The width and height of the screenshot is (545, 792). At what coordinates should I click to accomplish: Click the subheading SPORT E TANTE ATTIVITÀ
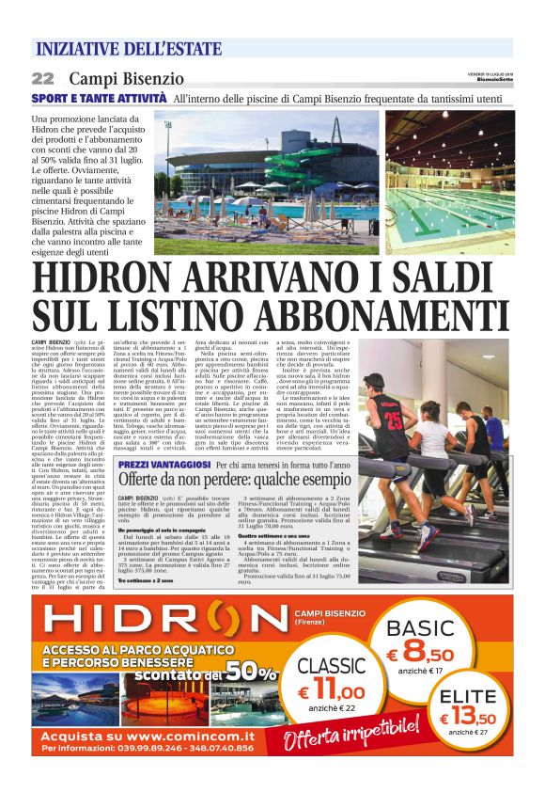100,98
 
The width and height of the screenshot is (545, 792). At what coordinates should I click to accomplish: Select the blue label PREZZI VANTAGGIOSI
163,465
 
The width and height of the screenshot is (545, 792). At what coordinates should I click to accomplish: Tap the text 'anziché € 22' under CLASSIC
331,707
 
